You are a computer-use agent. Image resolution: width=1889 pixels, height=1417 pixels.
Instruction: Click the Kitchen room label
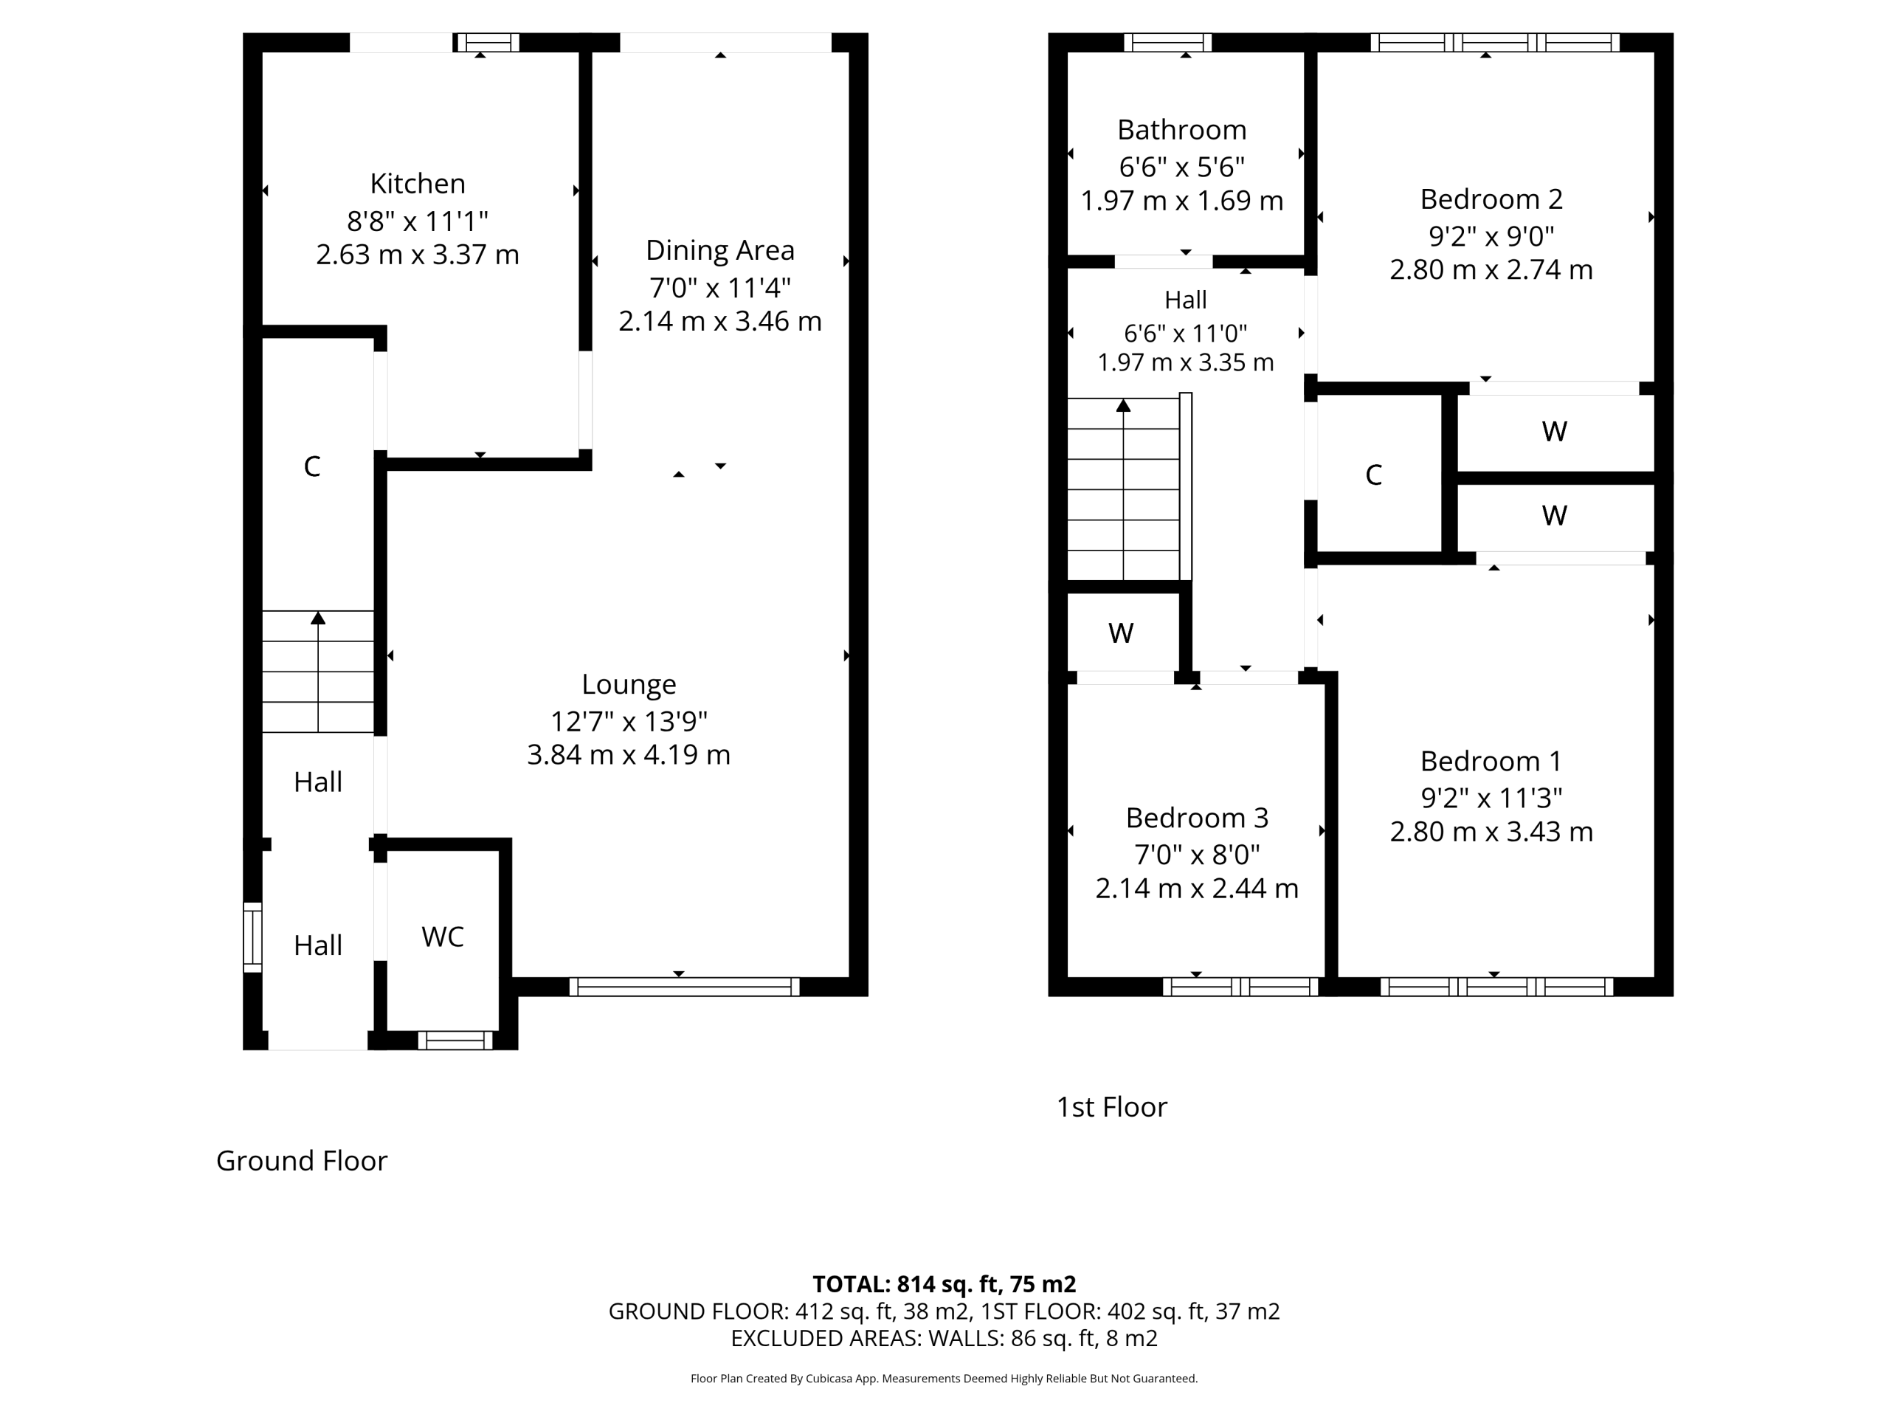418,184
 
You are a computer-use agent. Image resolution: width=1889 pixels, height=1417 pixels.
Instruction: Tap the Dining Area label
720,250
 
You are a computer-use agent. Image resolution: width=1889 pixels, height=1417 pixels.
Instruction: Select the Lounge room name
629,684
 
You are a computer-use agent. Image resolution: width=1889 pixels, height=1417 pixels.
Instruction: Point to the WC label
442,937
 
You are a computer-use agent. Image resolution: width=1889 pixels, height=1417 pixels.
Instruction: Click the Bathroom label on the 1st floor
1182,130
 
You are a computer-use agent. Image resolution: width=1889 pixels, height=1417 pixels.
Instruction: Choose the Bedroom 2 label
1491,199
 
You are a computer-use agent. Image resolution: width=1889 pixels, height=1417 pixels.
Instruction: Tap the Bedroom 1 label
1491,761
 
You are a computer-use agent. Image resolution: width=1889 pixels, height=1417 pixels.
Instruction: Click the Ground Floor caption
302,1161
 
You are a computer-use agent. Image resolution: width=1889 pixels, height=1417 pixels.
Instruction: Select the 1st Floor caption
1111,1107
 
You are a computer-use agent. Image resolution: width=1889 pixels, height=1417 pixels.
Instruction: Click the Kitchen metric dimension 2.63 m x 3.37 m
418,255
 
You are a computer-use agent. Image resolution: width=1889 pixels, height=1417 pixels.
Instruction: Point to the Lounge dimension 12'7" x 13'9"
629,722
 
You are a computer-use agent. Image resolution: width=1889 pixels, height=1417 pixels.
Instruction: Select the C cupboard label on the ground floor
311,466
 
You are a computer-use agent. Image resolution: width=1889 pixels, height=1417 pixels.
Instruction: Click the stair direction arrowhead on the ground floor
318,618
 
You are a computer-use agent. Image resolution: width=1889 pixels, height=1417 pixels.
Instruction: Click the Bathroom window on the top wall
1167,43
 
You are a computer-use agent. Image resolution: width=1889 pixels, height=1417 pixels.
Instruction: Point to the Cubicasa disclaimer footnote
944,1378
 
